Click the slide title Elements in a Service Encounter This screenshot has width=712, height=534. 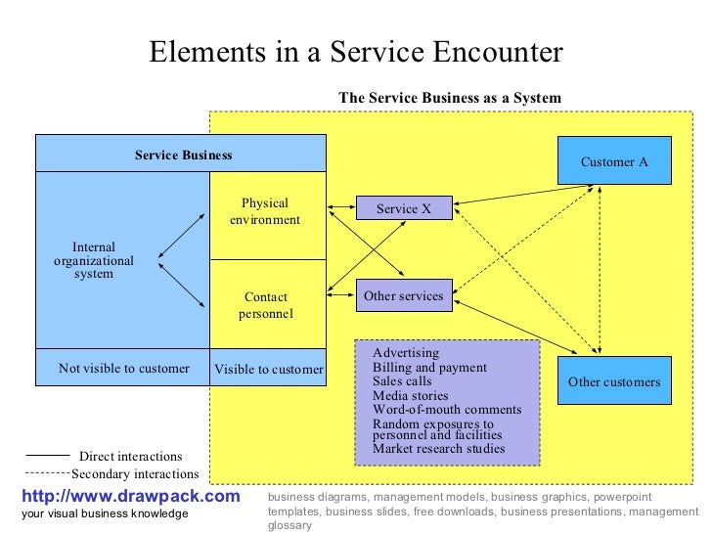pyautogui.click(x=356, y=52)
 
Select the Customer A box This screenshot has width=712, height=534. pyautogui.click(x=614, y=161)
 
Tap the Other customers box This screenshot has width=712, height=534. pyautogui.click(x=614, y=382)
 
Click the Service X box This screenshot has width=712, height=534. pyautogui.click(x=404, y=209)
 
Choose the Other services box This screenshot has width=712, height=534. pyautogui.click(x=403, y=295)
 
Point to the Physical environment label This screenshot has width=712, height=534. pyautogui.click(x=265, y=211)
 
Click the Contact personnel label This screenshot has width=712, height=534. pyautogui.click(x=265, y=305)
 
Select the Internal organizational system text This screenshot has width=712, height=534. pyautogui.click(x=94, y=261)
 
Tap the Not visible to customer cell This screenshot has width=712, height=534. pyautogui.click(x=123, y=369)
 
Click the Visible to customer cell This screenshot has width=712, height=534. pyautogui.click(x=268, y=370)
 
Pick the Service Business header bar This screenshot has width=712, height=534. pyautogui.click(x=183, y=155)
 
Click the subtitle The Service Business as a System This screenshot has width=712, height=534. pyautogui.click(x=450, y=98)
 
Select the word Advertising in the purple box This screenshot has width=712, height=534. pyautogui.click(x=406, y=353)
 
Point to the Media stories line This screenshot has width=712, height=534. pyautogui.click(x=412, y=395)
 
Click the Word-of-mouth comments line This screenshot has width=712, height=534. pyautogui.click(x=447, y=410)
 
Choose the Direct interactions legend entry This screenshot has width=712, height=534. pyautogui.click(x=130, y=457)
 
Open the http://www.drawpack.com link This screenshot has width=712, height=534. pyautogui.click(x=130, y=497)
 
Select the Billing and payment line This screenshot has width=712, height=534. pyautogui.click(x=429, y=368)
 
